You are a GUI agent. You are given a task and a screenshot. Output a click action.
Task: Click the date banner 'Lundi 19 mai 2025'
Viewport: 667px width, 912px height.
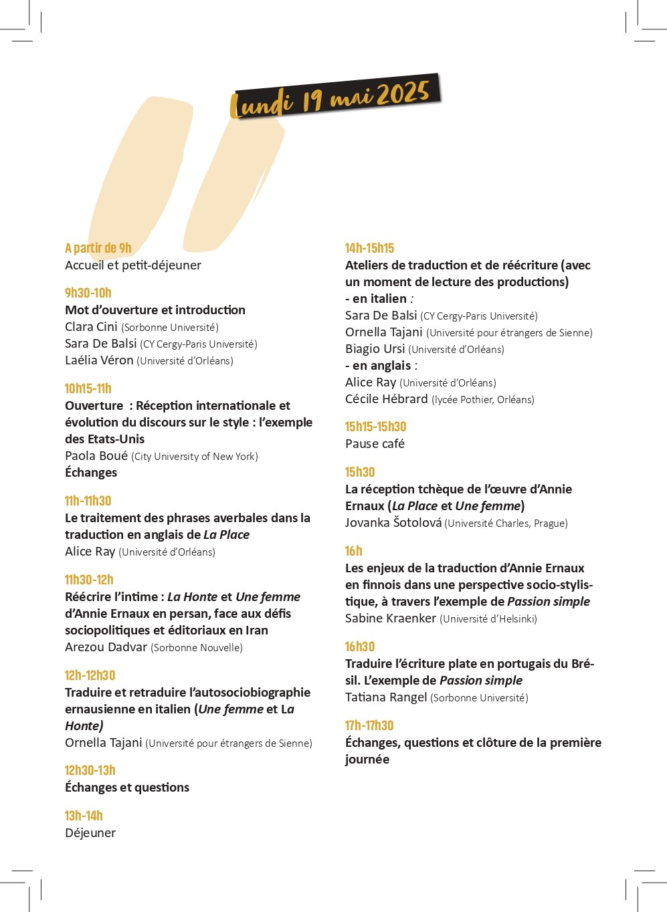pyautogui.click(x=335, y=98)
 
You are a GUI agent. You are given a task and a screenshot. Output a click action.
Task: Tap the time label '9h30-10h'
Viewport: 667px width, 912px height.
pyautogui.click(x=88, y=293)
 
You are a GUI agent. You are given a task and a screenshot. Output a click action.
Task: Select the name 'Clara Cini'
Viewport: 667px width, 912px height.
pyautogui.click(x=91, y=327)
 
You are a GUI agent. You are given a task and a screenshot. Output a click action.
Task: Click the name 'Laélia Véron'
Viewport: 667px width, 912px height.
pyautogui.click(x=99, y=360)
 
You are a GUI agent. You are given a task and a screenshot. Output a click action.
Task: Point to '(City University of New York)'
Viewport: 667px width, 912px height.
pyautogui.click(x=195, y=457)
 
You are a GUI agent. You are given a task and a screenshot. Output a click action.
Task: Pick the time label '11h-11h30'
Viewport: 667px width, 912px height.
pyautogui.click(x=88, y=501)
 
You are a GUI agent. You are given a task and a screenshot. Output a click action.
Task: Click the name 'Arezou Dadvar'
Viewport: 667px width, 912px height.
pyautogui.click(x=106, y=647)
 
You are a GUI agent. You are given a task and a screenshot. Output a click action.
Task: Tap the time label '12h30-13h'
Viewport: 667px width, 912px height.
pyautogui.click(x=90, y=770)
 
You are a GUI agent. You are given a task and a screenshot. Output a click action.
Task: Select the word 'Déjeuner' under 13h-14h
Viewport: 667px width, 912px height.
pyautogui.click(x=90, y=833)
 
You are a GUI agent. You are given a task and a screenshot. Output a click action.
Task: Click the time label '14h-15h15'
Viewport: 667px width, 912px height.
pyautogui.click(x=369, y=248)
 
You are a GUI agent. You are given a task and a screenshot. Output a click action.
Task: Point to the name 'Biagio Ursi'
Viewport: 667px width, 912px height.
pyautogui.click(x=375, y=349)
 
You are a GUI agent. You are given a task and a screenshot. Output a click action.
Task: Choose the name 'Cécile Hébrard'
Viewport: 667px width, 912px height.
pyautogui.click(x=386, y=399)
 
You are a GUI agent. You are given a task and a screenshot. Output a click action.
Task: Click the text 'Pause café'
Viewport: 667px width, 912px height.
pyautogui.click(x=375, y=444)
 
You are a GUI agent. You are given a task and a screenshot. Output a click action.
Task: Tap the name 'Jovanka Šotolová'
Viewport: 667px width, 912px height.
pyautogui.click(x=393, y=523)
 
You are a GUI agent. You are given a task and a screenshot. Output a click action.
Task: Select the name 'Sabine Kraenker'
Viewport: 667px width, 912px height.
pyautogui.click(x=390, y=618)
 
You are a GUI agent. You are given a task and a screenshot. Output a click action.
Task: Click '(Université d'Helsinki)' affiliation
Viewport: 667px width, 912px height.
pyautogui.click(x=488, y=619)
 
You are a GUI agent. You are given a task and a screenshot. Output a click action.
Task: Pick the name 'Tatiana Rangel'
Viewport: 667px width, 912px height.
pyautogui.click(x=385, y=697)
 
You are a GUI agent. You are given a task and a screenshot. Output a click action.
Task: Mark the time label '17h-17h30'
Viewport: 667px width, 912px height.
pyautogui.click(x=369, y=725)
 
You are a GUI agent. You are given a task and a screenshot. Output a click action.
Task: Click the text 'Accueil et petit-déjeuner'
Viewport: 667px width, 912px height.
pyautogui.click(x=132, y=265)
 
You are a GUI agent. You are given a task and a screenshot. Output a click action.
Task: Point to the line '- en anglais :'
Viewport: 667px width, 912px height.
pyautogui.click(x=381, y=366)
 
